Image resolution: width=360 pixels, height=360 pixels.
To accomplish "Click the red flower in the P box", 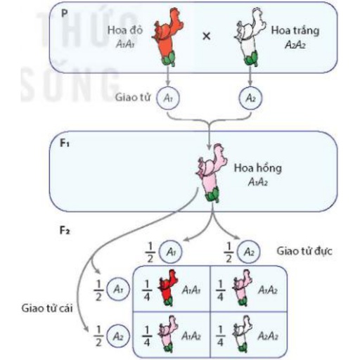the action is [x=167, y=37].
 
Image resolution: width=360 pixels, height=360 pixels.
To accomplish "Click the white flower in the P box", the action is [x=250, y=37].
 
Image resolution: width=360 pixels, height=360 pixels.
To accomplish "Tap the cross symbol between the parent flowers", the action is [x=207, y=36].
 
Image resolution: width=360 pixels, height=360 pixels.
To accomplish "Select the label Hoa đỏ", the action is [x=124, y=30].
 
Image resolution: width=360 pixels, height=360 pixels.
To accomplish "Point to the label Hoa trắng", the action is [x=295, y=31].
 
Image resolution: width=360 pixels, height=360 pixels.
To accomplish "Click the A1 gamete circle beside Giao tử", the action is [x=168, y=98].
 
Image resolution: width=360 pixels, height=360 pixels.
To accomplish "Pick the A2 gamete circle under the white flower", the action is [x=250, y=98].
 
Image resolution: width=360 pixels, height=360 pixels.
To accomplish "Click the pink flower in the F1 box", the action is [x=211, y=173].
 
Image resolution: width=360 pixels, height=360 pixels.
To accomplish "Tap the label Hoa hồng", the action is [x=258, y=168].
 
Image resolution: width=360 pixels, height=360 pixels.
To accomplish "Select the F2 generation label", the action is [x=65, y=231].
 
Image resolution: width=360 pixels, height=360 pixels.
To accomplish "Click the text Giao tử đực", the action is [x=304, y=251].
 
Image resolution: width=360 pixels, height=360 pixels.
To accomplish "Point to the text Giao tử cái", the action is [x=47, y=308].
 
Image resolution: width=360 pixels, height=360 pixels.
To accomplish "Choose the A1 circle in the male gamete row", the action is [x=170, y=252].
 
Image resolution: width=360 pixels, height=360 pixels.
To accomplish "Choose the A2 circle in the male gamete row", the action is [x=249, y=252].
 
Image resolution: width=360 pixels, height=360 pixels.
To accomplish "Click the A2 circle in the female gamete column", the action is [x=118, y=336].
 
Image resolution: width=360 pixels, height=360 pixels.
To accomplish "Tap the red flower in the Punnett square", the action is [x=168, y=288].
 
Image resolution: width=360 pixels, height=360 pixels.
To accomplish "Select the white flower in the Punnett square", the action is [x=243, y=334].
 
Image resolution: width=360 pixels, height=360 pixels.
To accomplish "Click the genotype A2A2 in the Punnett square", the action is [x=268, y=336].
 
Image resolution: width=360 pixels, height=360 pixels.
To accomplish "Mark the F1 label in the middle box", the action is [x=65, y=143].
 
